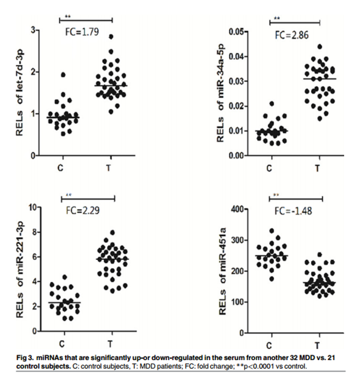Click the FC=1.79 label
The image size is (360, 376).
[84, 34]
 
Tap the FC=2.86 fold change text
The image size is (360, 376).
[291, 36]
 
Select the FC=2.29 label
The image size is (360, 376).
[84, 210]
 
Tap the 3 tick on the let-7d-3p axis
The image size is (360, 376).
[34, 30]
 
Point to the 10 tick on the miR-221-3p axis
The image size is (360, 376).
[33, 207]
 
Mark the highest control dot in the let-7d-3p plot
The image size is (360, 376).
[63, 75]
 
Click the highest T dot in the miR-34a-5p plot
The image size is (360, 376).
[320, 46]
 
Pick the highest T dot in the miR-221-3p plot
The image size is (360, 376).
[113, 232]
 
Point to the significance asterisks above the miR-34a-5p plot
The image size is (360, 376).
[277, 19]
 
